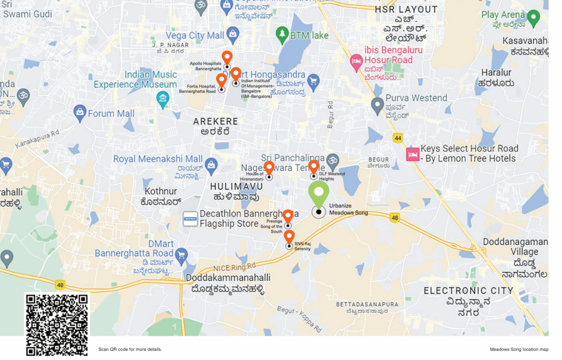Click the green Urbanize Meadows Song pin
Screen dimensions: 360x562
[x=318, y=194]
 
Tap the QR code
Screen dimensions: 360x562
[x=57, y=324]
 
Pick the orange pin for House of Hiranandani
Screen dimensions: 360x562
[x=269, y=168]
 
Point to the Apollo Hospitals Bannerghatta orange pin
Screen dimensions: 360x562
[x=227, y=58]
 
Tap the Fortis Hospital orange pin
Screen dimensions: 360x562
[x=221, y=81]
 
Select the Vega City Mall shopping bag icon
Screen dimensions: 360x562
[x=233, y=35]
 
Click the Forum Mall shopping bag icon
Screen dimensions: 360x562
[x=80, y=114]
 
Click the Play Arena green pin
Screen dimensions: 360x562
[x=533, y=18]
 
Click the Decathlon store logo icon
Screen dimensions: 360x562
[x=190, y=219]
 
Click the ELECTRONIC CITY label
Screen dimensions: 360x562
[x=468, y=290]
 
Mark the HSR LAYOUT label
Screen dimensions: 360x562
[x=406, y=9]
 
